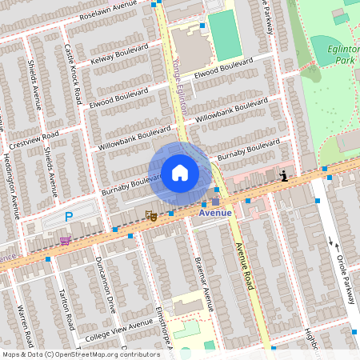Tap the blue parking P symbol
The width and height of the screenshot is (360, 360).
tap(69, 217)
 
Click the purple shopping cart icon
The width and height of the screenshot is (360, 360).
tap(65, 239)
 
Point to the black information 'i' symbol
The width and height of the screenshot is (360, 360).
tap(283, 176)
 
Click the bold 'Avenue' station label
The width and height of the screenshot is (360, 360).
tap(215, 213)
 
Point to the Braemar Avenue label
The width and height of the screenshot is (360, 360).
tap(205, 283)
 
